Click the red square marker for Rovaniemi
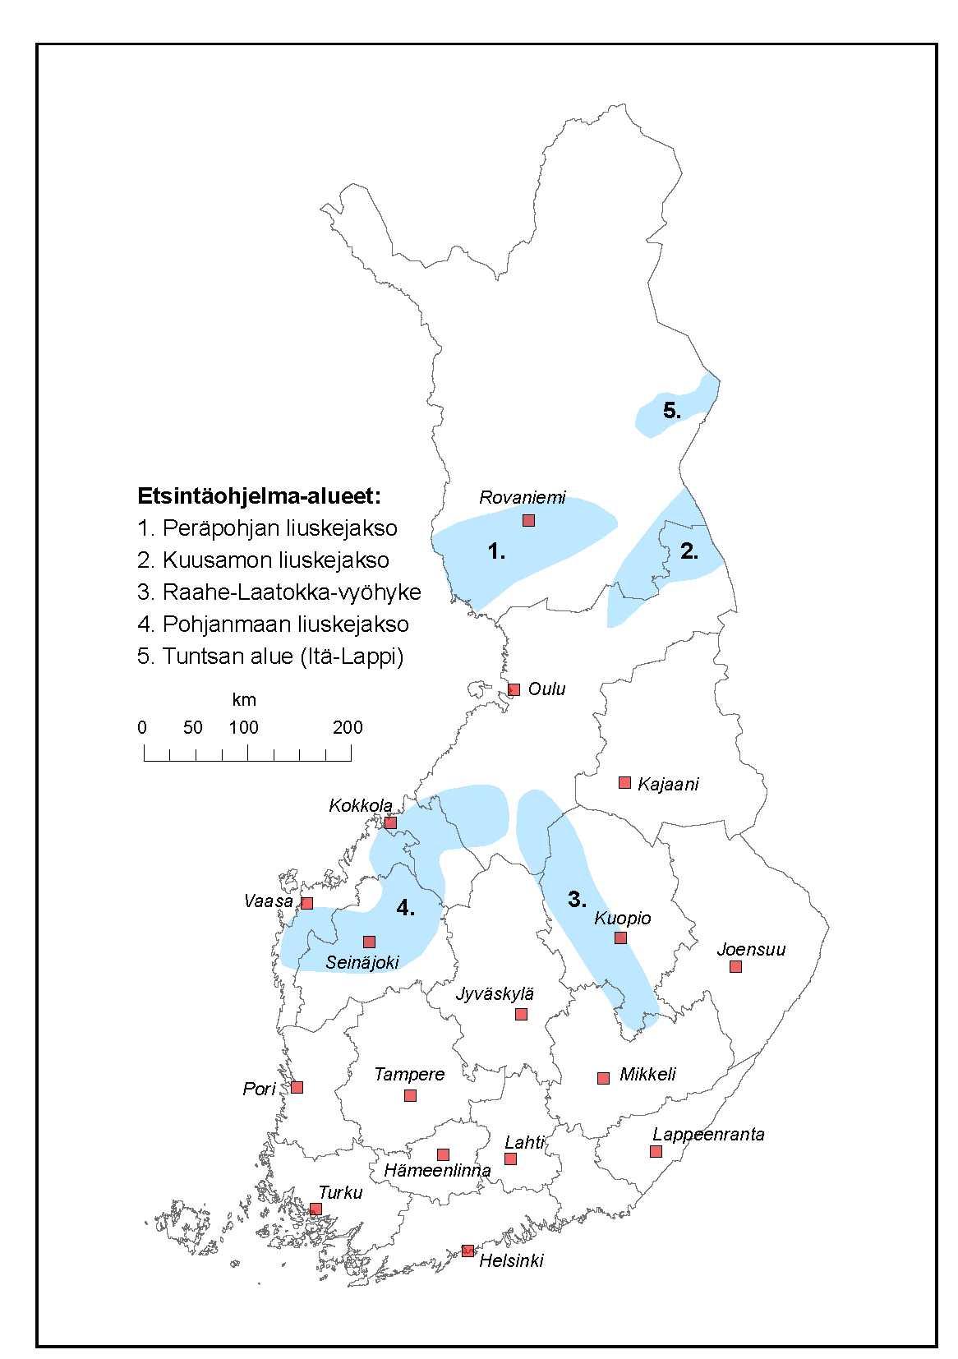click(528, 520)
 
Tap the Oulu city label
click(546, 689)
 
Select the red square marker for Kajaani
click(624, 782)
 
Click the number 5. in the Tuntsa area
click(672, 410)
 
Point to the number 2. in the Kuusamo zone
click(689, 551)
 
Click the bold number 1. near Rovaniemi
click(497, 551)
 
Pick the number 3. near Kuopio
click(578, 899)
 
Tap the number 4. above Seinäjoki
click(405, 907)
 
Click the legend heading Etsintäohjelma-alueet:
click(259, 496)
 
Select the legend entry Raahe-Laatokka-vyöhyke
click(279, 592)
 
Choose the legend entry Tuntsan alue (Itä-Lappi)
click(270, 656)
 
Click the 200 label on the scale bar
click(348, 727)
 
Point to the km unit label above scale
click(244, 700)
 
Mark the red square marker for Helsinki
click(467, 1251)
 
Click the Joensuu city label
click(751, 950)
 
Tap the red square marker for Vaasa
click(306, 903)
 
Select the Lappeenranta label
click(708, 1135)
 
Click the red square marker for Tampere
click(410, 1095)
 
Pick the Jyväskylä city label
click(495, 994)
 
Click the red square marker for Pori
click(297, 1087)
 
